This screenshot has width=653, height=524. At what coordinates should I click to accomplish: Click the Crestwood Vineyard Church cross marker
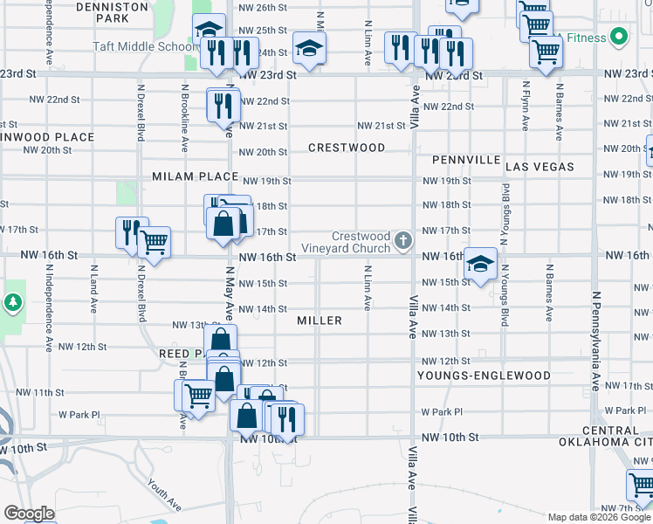402,239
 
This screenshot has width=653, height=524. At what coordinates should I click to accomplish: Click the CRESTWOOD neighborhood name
347,148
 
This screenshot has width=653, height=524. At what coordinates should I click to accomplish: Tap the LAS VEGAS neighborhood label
540,166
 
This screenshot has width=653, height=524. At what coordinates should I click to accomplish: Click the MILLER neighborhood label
319,321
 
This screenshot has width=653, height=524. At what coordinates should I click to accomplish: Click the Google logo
29,514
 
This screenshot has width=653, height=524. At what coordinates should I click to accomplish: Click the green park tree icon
13,302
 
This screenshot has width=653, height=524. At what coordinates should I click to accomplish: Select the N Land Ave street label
93,295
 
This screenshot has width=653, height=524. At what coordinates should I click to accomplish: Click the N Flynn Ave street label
526,107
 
